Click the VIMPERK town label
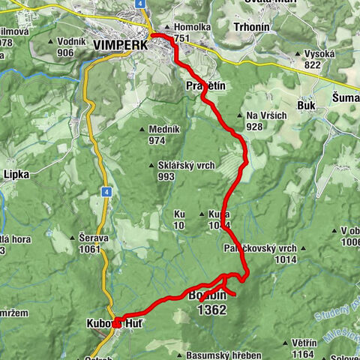click(x=121, y=45)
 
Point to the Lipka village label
click(x=16, y=174)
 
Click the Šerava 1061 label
click(x=94, y=242)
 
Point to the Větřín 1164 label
click(x=304, y=348)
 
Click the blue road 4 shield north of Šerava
click(x=106, y=191)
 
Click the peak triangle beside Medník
click(x=141, y=130)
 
